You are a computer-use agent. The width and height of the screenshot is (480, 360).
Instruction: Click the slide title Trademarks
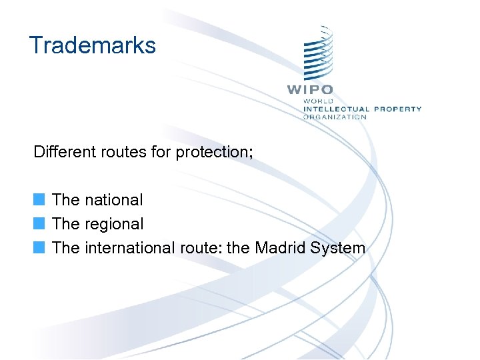[x=93, y=45]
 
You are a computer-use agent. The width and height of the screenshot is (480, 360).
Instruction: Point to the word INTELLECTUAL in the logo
[x=336, y=109]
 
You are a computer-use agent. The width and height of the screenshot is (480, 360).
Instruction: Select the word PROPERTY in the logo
[x=397, y=109]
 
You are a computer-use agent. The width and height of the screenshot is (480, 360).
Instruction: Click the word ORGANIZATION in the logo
[x=335, y=117]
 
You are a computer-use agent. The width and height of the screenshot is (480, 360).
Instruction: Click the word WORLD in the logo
[x=319, y=101]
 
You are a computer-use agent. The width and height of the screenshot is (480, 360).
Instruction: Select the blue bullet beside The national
[x=40, y=199]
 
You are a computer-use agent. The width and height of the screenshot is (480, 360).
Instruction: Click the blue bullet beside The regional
[x=40, y=224]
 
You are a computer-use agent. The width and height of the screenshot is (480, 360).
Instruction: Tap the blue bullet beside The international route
[x=40, y=248]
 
